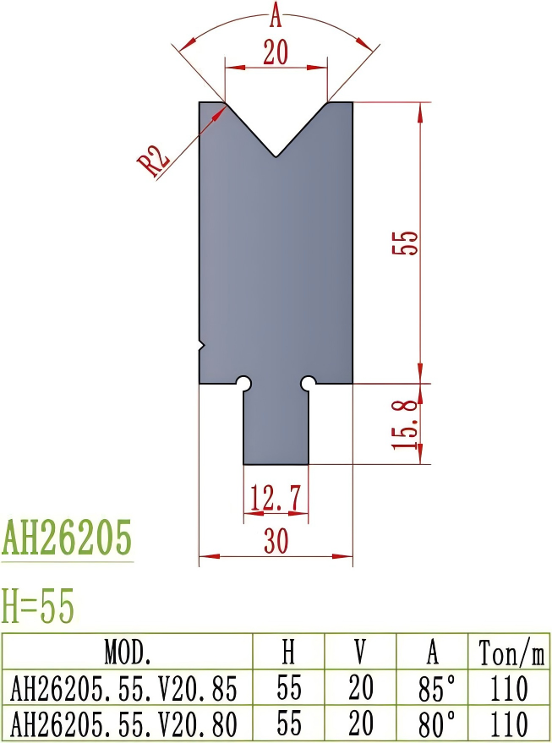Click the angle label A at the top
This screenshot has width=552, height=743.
276,14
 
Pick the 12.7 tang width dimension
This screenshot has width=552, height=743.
276,499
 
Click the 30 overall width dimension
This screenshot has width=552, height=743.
276,542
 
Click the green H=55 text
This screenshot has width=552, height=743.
39,606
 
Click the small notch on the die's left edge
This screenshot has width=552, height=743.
201,344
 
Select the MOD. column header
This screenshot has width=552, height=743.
128,652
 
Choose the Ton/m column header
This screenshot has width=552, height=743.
511,652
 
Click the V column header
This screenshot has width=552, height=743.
360,652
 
